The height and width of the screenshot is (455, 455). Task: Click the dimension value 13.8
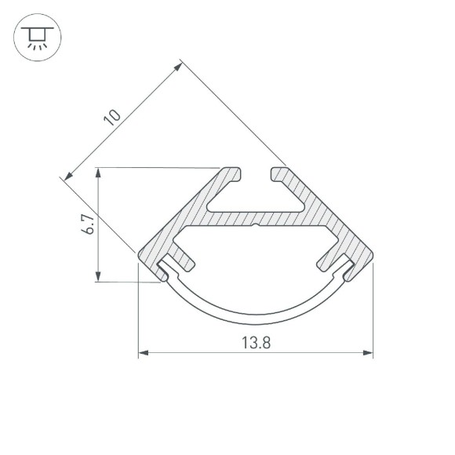click(x=256, y=342)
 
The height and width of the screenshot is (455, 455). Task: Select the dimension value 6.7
click(x=88, y=224)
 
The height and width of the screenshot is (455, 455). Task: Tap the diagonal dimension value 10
click(x=111, y=117)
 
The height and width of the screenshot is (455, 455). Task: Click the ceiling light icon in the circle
click(x=37, y=38)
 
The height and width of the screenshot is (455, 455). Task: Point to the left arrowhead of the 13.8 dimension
click(x=144, y=352)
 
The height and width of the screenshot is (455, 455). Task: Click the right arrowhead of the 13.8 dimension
click(x=368, y=352)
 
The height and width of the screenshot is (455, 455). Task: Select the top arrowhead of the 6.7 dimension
click(x=98, y=173)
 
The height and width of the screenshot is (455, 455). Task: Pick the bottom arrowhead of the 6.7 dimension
click(x=98, y=276)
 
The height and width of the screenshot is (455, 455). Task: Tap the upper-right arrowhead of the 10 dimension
click(x=177, y=67)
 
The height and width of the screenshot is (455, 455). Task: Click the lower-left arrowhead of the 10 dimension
click(x=69, y=176)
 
